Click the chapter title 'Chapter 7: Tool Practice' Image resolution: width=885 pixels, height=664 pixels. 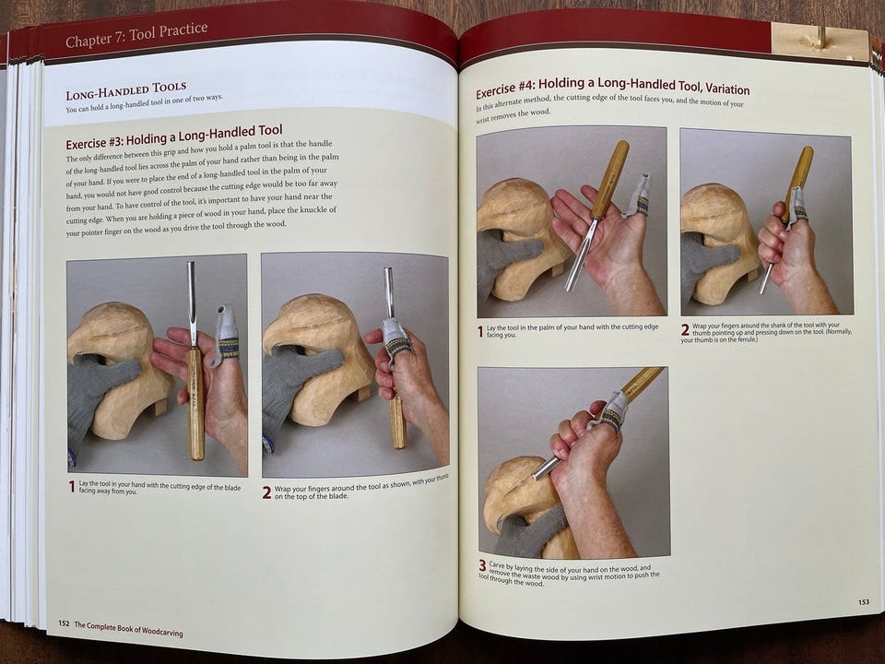tap(136, 35)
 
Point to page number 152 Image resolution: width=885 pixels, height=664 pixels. tap(64, 623)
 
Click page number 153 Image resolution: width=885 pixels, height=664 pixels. tap(864, 602)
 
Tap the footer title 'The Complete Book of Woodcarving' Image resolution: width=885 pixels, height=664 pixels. tap(129, 628)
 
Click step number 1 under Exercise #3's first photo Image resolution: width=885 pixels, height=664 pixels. tap(72, 486)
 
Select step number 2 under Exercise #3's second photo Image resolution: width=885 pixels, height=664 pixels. tap(267, 492)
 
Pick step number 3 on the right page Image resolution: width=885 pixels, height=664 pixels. tap(482, 565)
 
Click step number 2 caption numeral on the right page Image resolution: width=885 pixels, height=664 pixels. tap(685, 330)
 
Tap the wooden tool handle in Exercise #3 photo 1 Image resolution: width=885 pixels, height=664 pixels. tap(195, 403)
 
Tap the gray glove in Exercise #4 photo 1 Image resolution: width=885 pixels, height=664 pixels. tap(505, 257)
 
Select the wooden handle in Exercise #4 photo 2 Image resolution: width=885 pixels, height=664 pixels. tap(798, 181)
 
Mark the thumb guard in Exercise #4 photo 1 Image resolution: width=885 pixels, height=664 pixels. tap(637, 196)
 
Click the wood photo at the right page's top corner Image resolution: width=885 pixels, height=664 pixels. tap(819, 41)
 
